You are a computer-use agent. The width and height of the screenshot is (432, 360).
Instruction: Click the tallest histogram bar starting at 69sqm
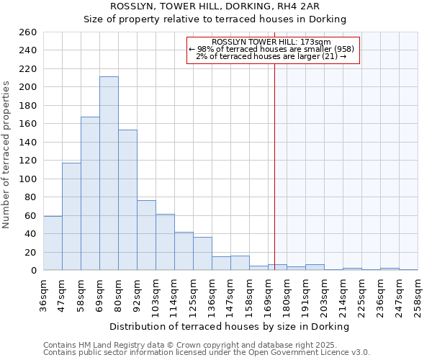click(x=109, y=174)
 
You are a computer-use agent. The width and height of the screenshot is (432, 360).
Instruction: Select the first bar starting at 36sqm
click(x=53, y=243)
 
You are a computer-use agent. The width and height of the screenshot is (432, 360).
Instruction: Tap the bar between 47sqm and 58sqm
click(x=71, y=217)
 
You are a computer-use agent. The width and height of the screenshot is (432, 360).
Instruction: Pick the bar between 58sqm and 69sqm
click(x=90, y=194)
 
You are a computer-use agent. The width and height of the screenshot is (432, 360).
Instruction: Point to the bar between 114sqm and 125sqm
click(x=184, y=251)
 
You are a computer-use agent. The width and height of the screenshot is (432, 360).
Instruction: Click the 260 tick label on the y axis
click(x=28, y=32)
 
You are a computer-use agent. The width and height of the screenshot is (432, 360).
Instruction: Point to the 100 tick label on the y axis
click(x=28, y=179)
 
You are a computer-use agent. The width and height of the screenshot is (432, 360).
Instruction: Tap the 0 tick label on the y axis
click(x=34, y=271)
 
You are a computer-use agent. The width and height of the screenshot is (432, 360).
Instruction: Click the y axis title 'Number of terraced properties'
click(x=6, y=155)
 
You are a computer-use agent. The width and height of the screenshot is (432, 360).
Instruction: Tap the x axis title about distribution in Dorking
click(x=230, y=326)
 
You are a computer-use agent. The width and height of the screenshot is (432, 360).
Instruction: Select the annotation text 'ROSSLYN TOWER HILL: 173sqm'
click(x=272, y=42)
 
